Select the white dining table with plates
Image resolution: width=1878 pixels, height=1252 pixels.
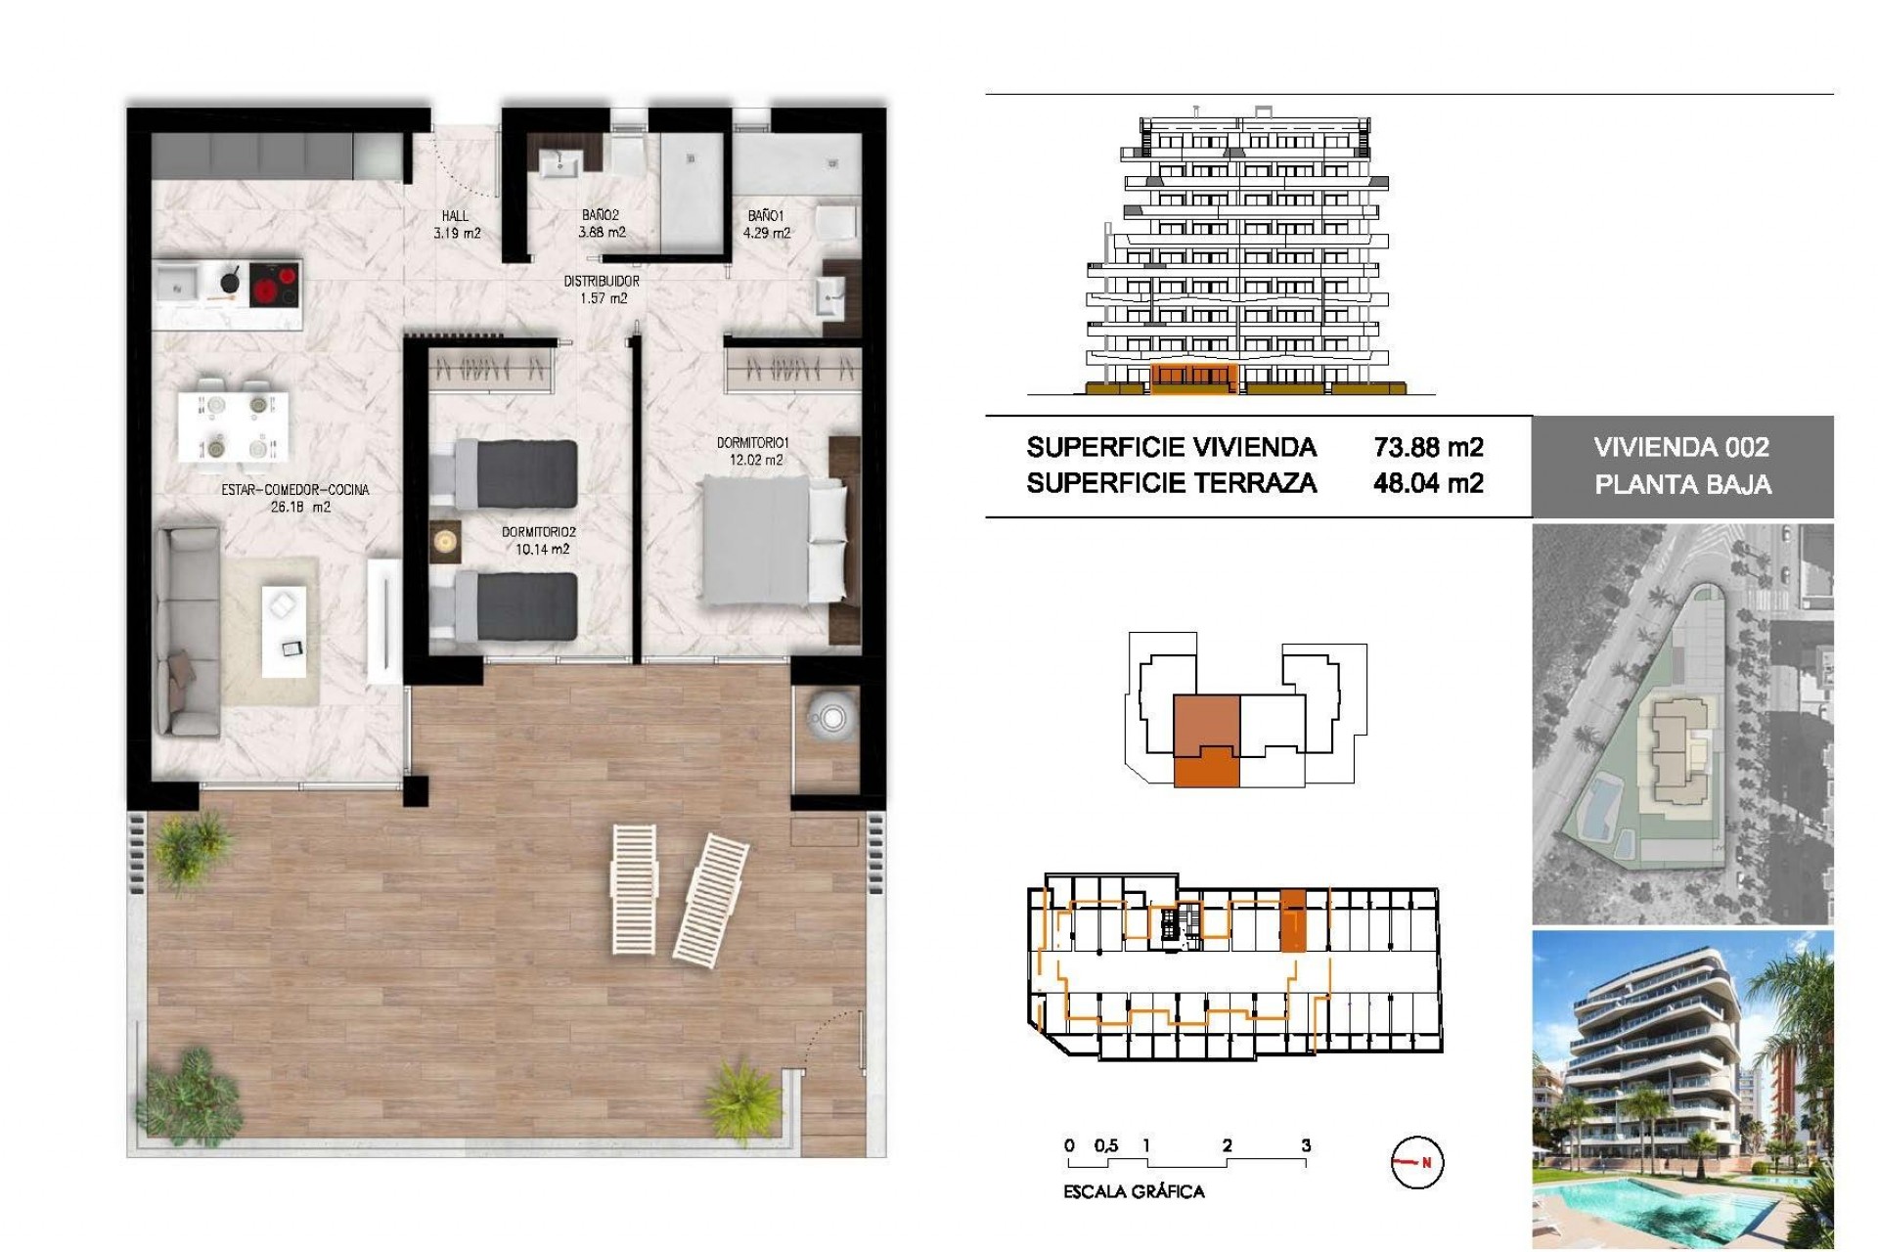point(235,425)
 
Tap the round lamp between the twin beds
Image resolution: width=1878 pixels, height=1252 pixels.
point(446,541)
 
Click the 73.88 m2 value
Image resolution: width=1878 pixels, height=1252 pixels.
point(1428,448)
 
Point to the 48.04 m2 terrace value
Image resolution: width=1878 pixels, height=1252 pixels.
point(1428,483)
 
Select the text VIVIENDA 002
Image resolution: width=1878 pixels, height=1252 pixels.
point(1681,448)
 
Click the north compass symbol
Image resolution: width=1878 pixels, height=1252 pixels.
point(1416,1163)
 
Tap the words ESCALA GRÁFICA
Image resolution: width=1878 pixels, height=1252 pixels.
point(1134,1191)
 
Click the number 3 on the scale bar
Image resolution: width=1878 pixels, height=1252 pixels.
point(1306,1145)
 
